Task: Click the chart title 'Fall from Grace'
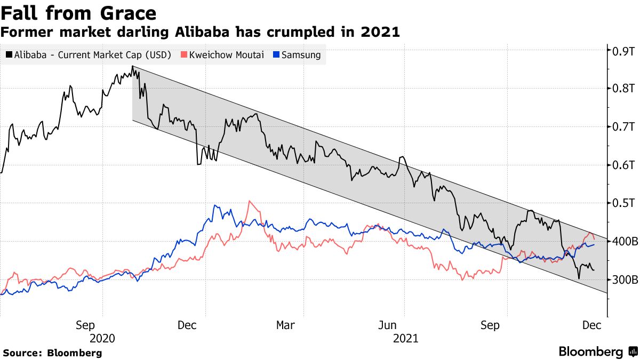78,13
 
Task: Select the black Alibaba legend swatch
9,54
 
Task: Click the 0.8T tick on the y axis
622,89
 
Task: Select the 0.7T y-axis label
622,127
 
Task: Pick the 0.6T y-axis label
622,165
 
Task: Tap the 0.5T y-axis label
622,203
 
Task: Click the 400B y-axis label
625,242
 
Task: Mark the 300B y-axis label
625,279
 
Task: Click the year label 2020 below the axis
102,338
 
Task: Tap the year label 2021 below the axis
405,338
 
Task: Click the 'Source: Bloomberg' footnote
52,353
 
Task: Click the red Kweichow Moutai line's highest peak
249,201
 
